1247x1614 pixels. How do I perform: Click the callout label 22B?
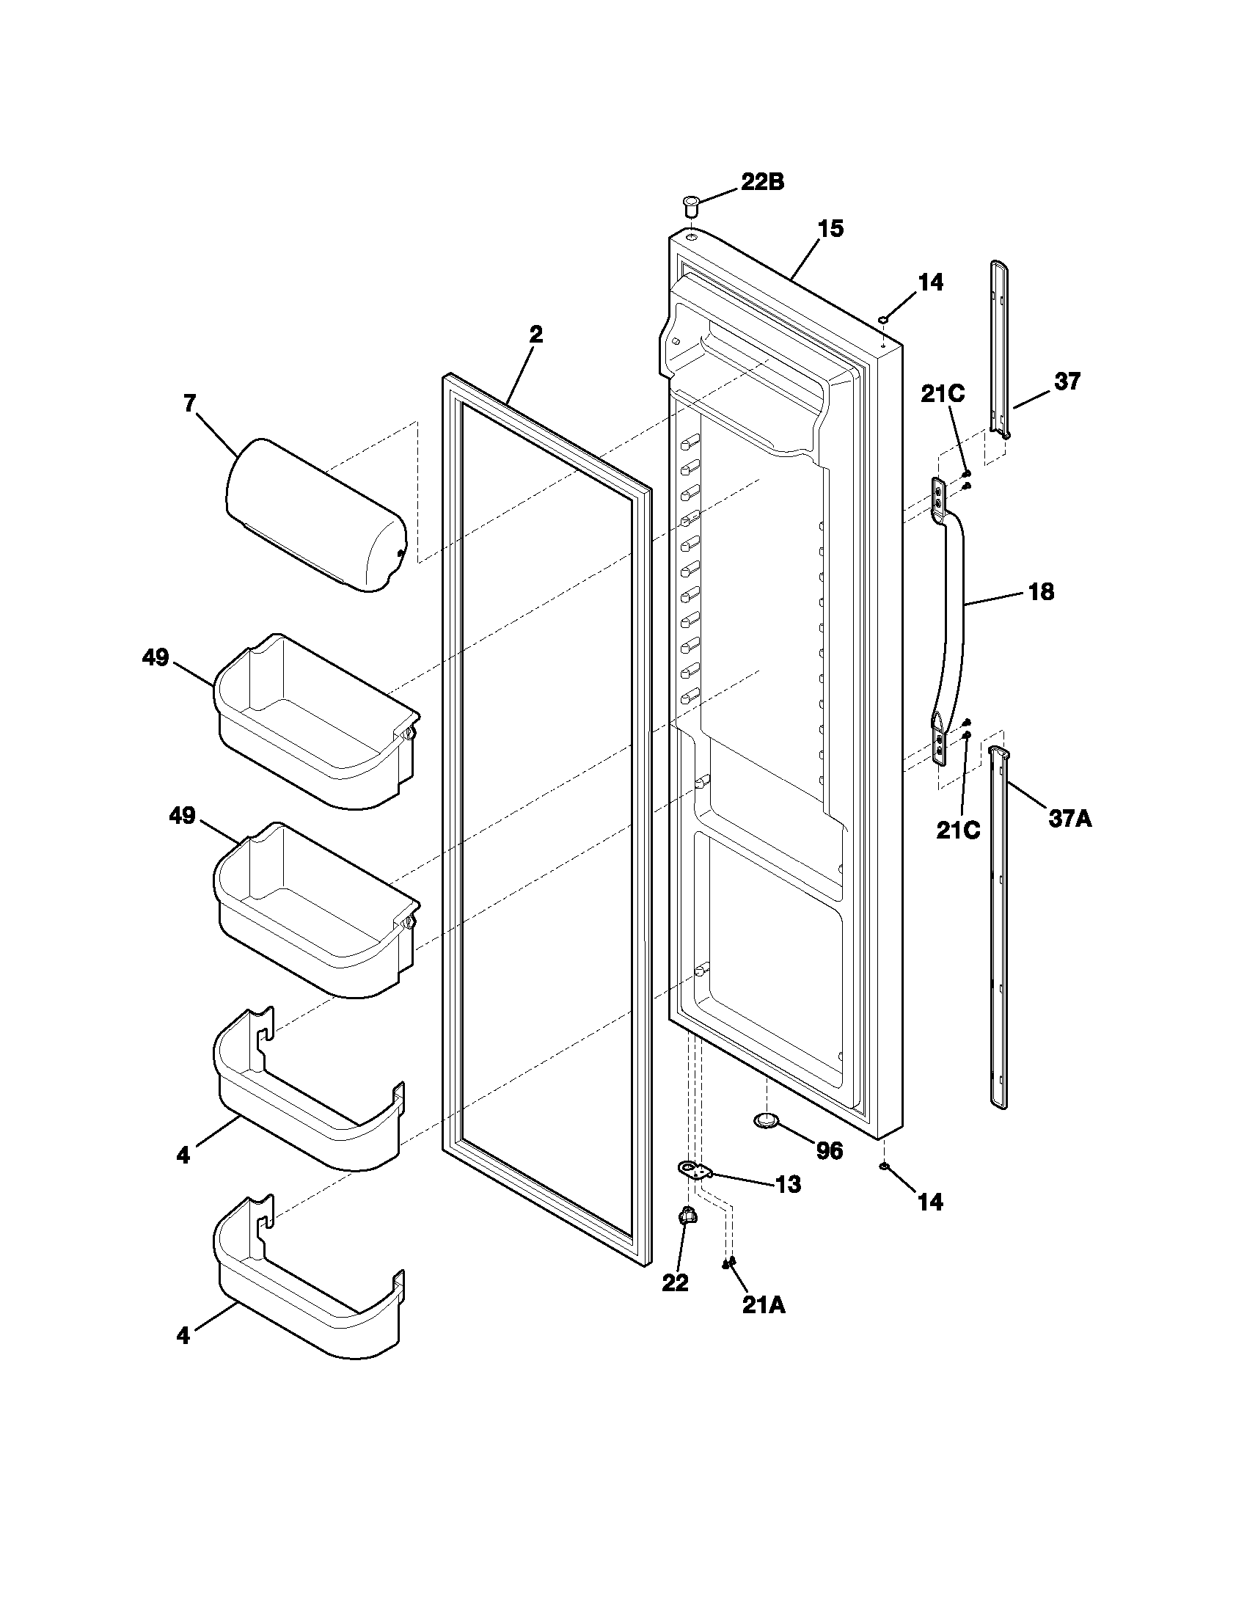pyautogui.click(x=762, y=182)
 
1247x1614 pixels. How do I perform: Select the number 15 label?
pyautogui.click(x=830, y=229)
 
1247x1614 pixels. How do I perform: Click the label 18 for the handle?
pyautogui.click(x=1041, y=591)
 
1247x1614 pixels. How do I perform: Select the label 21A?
pyautogui.click(x=764, y=1306)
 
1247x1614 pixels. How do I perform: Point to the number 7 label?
pyautogui.click(x=189, y=403)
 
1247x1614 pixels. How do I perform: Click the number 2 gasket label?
pyautogui.click(x=535, y=335)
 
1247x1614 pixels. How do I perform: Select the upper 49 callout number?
pyautogui.click(x=156, y=657)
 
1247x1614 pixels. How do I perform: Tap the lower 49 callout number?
pyautogui.click(x=183, y=816)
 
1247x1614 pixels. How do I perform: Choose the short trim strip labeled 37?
pyautogui.click(x=1000, y=347)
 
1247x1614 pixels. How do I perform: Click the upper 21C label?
pyautogui.click(x=943, y=395)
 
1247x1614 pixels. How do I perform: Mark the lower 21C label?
pyautogui.click(x=958, y=830)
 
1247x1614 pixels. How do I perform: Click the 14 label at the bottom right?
pyautogui.click(x=930, y=1202)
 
